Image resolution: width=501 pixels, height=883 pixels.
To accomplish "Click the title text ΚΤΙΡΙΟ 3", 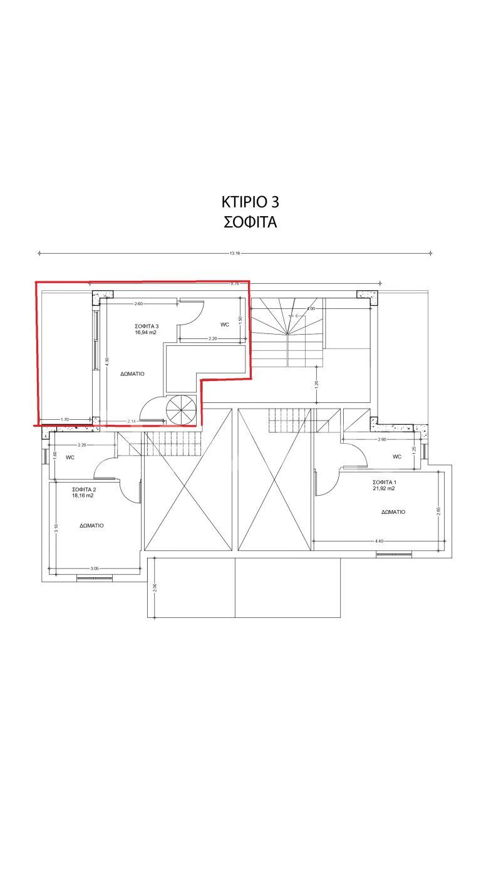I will (250, 202).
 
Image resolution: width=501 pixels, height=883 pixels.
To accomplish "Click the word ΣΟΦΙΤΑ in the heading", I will (250, 222).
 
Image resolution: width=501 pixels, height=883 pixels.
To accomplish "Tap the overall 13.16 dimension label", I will (235, 254).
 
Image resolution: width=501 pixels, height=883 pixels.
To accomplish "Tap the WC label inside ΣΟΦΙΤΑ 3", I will (225, 325).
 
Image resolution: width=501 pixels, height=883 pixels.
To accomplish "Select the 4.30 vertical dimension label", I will (107, 362).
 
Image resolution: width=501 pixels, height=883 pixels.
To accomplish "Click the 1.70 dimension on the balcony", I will (65, 420).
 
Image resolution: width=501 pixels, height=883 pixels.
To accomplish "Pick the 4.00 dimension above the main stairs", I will (311, 309).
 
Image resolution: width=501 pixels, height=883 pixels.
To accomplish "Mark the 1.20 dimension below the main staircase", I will (316, 384).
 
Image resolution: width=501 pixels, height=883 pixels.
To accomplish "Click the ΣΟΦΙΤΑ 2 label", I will (83, 488).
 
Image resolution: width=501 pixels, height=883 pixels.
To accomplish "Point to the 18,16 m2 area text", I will (83, 495).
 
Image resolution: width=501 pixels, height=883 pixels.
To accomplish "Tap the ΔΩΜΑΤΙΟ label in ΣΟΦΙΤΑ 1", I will (393, 512).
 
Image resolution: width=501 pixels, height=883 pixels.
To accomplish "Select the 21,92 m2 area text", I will (383, 488).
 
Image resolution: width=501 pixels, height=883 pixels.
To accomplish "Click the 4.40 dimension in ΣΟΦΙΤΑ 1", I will (379, 541).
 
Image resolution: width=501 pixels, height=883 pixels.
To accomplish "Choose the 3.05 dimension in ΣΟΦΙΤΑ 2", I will (95, 568).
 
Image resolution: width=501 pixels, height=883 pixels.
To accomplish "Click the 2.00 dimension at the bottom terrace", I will (155, 587).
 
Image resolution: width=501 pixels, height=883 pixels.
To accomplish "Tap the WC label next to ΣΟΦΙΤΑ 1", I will (396, 457).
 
